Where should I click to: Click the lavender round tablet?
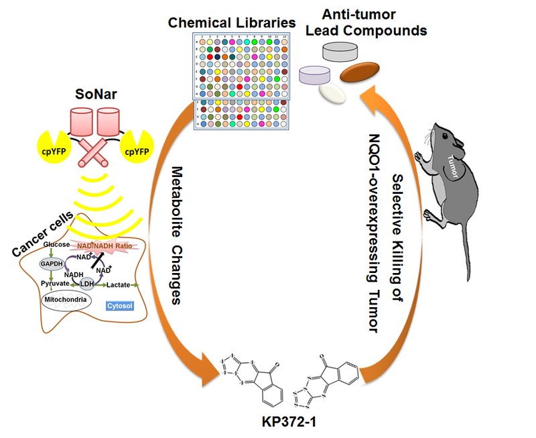(317, 74)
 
